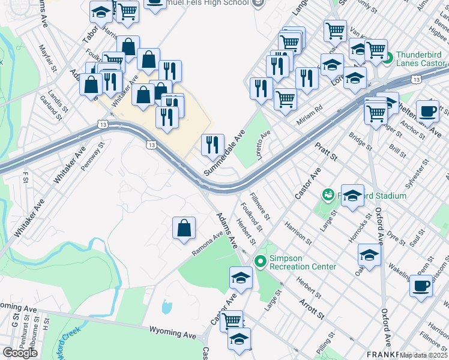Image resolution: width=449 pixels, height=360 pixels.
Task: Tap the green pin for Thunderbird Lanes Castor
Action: pos(387,58)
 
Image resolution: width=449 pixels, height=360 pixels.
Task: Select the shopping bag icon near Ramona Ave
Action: pos(184,228)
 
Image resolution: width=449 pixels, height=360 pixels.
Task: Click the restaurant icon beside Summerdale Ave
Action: pos(212,145)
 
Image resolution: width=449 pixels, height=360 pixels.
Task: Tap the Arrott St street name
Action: pos(312,308)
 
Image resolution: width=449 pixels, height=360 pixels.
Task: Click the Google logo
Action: pos(20,353)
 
